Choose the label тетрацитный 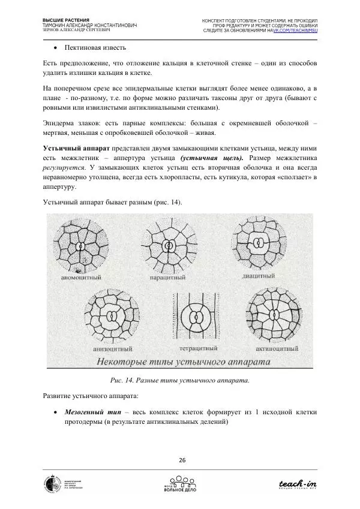pyautogui.click(x=193, y=347)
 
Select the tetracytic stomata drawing pyautogui.click(x=193, y=317)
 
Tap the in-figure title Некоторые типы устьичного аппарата pyautogui.click(x=182, y=362)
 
